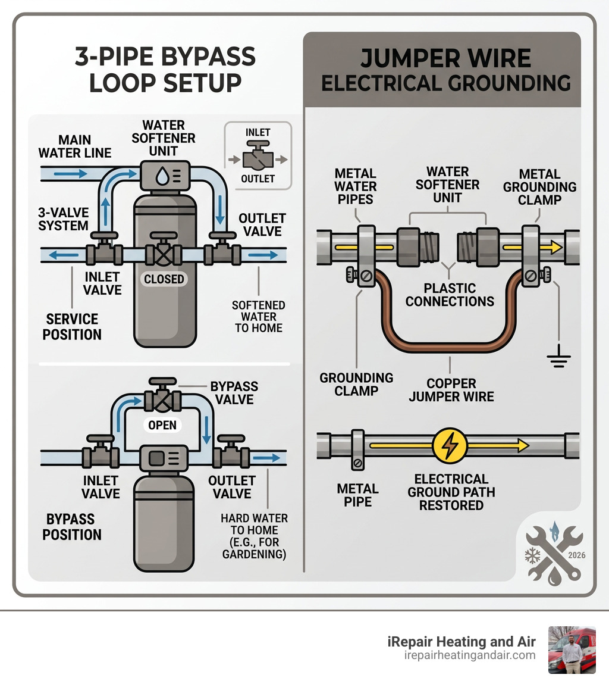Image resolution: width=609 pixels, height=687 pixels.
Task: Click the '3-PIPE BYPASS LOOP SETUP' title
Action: coord(165,70)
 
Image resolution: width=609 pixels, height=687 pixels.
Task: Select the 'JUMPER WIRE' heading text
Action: coord(445,58)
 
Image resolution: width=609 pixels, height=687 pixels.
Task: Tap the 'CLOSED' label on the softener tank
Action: coord(164,279)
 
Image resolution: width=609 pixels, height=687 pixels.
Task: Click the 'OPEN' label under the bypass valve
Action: coord(162,425)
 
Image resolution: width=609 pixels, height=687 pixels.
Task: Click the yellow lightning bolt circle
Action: coord(450,445)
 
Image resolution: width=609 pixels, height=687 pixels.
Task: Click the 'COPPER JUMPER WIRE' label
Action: coord(451,389)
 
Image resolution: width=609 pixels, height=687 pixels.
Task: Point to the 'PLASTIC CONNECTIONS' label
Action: coord(450,295)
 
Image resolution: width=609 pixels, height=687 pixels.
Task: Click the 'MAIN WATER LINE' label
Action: coord(75,146)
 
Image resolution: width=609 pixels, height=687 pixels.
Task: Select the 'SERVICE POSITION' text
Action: coord(72,326)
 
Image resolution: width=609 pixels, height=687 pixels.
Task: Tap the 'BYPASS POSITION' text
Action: coord(72,526)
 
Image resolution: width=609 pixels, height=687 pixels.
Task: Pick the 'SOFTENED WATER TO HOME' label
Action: coord(258,316)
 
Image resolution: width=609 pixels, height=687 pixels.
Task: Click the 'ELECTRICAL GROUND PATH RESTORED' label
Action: coord(451,492)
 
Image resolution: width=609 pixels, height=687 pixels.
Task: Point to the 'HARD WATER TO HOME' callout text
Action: coord(254,536)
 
